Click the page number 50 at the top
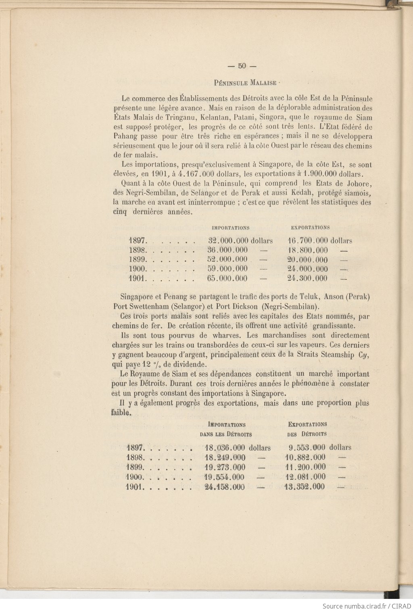(242, 66)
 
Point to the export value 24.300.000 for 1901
(307, 278)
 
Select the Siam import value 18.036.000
(225, 448)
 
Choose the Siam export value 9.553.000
(307, 448)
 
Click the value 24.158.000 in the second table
(225, 487)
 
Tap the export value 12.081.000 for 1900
(305, 477)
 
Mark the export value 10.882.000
(305, 457)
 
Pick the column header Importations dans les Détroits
(226, 430)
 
